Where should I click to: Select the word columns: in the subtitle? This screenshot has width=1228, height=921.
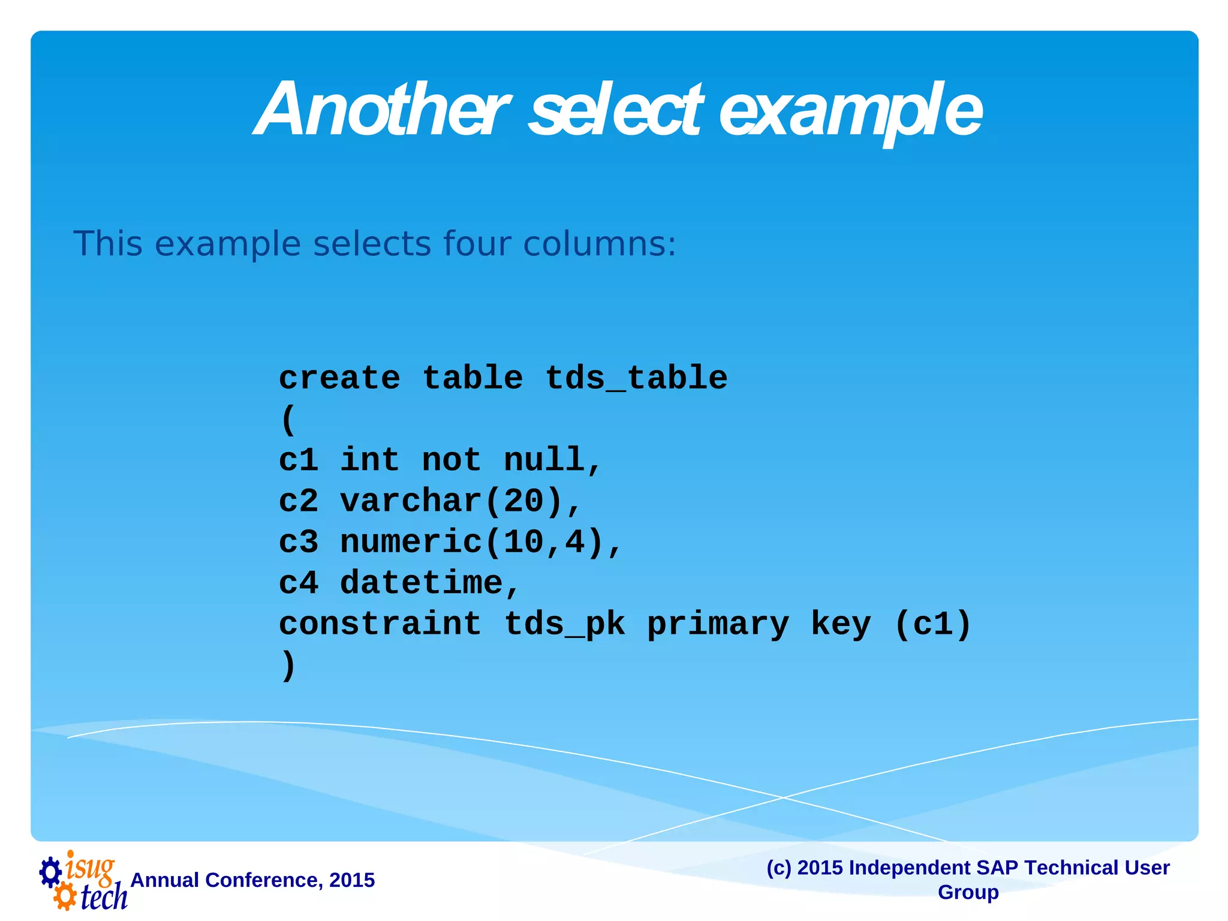tap(599, 244)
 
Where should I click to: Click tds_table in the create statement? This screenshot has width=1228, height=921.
tap(636, 378)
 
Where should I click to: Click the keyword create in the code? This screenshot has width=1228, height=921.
tap(339, 378)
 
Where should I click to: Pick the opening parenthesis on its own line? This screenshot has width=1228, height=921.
tap(288, 420)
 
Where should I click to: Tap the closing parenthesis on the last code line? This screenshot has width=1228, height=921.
tap(288, 665)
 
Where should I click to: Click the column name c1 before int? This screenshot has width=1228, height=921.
tap(298, 460)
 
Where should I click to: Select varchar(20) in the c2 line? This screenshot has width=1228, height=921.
tap(451, 501)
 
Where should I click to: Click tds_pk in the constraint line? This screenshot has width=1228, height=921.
tap(565, 624)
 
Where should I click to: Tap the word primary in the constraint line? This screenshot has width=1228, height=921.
tap(718, 624)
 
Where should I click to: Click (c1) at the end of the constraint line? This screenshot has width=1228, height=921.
tap(932, 624)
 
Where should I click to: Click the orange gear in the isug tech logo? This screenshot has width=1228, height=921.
tap(64, 897)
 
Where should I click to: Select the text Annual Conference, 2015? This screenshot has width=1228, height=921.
tap(252, 880)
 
